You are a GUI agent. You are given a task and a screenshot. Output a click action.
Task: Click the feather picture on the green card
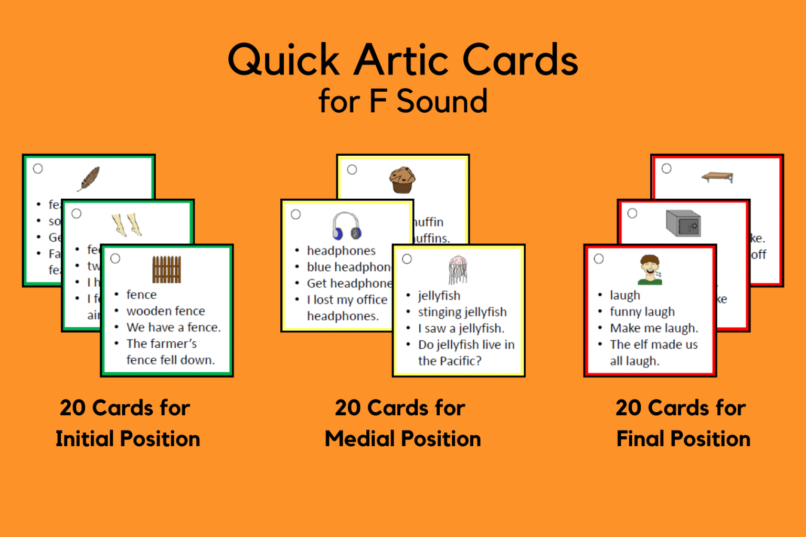(89, 179)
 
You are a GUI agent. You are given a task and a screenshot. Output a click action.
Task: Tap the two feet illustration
(127, 224)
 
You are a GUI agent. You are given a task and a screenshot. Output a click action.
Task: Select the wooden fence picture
(167, 269)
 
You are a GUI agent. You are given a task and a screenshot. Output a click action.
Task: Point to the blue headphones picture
(347, 225)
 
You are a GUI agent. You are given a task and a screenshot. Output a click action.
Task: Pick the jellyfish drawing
(458, 270)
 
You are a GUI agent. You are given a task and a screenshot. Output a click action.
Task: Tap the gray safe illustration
(683, 223)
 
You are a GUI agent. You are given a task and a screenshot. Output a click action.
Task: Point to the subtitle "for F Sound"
(402, 101)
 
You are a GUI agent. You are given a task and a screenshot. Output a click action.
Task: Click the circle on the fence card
(115, 259)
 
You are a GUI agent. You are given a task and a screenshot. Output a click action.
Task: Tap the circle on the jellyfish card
(407, 259)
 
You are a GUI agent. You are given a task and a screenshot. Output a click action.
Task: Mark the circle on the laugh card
(599, 259)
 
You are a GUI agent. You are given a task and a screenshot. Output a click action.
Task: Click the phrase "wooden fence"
(165, 311)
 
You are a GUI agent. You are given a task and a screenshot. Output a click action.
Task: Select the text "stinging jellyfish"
(462, 312)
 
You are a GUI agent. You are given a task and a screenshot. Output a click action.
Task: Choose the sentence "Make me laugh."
(654, 328)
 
